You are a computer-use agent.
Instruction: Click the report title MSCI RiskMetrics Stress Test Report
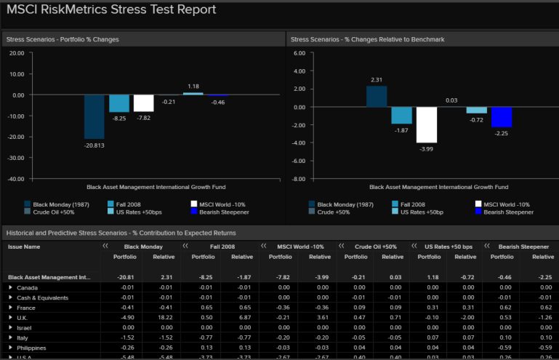(x=111, y=9)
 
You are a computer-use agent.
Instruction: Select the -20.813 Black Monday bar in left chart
(x=94, y=116)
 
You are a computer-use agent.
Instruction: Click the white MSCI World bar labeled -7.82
(x=144, y=103)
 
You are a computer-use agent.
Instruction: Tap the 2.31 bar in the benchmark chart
(x=377, y=96)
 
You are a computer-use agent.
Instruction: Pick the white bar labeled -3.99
(x=427, y=124)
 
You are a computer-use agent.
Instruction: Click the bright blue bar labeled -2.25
(x=502, y=116)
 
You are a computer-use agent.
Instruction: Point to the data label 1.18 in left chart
(x=193, y=87)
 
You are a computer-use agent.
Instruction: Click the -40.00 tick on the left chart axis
(x=15, y=178)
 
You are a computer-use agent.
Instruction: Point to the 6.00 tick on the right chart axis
(x=298, y=53)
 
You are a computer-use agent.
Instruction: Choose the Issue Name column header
(x=24, y=247)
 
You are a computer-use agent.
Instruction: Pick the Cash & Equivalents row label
(x=41, y=297)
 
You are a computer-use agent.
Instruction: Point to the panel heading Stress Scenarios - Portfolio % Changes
(x=62, y=39)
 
